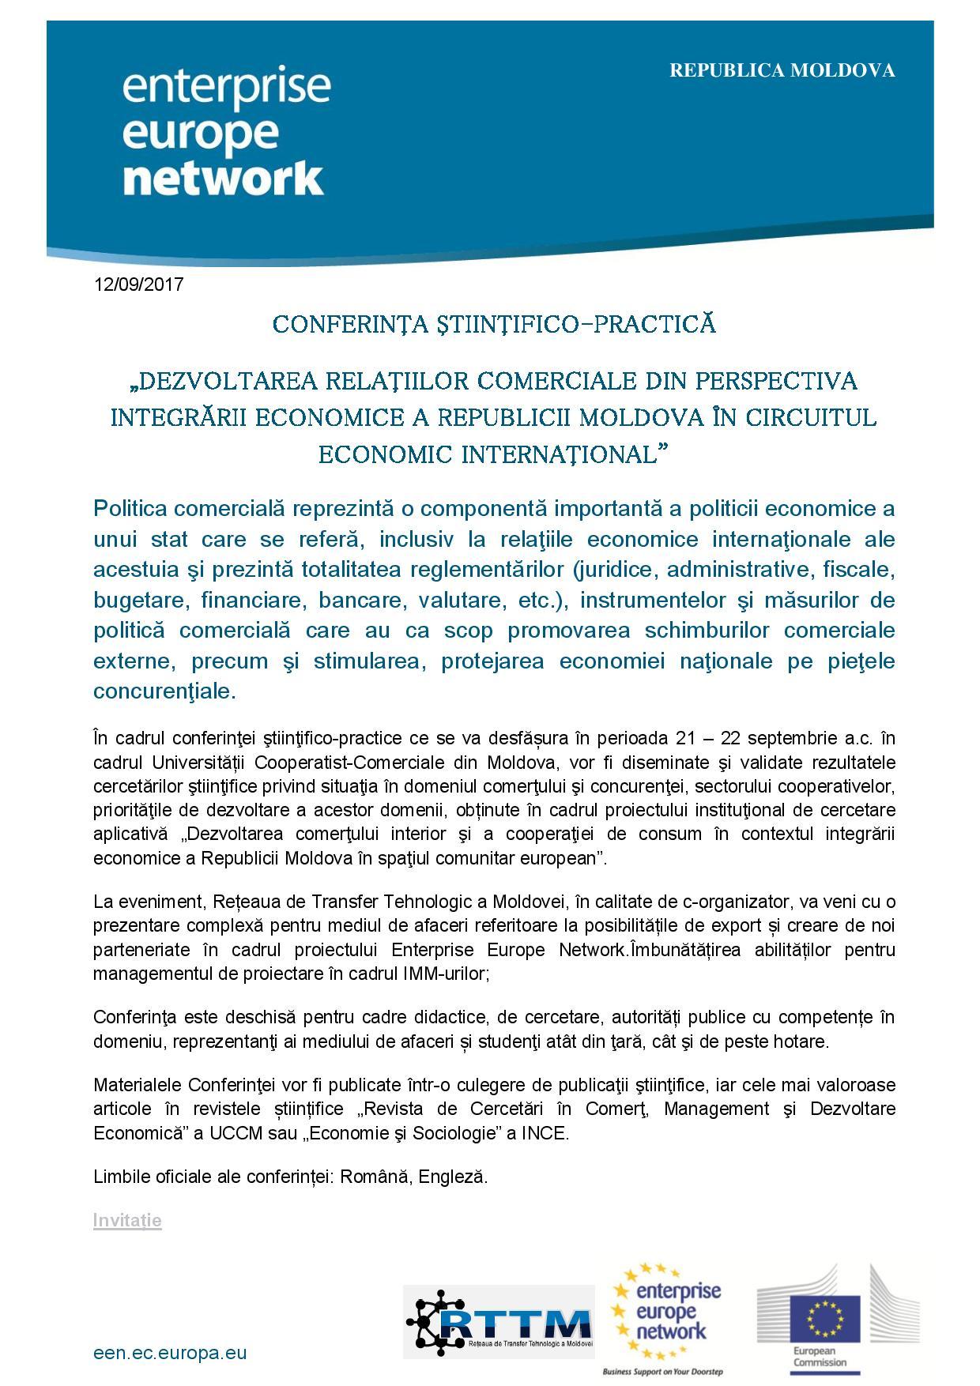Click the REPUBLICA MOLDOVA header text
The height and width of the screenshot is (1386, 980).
[782, 70]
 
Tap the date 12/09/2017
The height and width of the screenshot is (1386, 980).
[138, 284]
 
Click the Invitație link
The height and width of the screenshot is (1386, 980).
[127, 1220]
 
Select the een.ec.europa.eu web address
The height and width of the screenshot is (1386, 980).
[170, 1353]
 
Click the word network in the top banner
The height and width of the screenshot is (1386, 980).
[224, 178]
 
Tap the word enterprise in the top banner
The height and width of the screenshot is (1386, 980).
[226, 87]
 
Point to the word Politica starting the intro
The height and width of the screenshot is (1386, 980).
[130, 507]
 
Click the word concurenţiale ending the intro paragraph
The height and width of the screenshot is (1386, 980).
[164, 691]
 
